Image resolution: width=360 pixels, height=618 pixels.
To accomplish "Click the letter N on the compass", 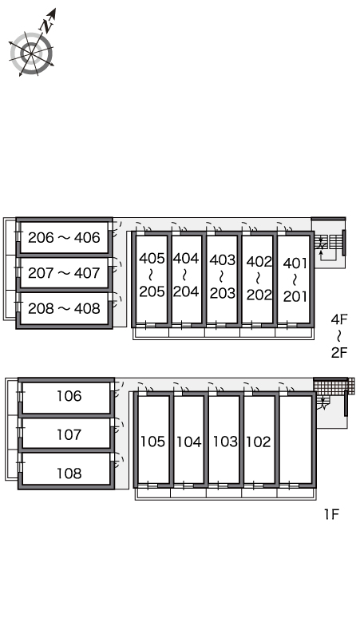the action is point(48,26).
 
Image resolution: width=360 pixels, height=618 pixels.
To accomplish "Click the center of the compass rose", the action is point(31,53).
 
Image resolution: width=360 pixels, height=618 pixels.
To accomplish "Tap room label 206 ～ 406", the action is point(64,238).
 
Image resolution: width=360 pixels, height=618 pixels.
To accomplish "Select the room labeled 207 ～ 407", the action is point(64,273).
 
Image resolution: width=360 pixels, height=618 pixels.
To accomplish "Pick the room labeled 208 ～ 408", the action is point(64,309).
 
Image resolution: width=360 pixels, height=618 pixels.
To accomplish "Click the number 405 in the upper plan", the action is point(152,259).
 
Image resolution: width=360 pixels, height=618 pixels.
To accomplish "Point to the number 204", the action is point(186,291).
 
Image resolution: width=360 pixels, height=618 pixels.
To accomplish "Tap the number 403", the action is point(223,260).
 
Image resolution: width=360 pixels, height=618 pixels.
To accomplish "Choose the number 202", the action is point(259,295).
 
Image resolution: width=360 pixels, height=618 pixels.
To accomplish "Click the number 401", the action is point(295,263).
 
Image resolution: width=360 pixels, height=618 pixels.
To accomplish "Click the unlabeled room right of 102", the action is point(295,440).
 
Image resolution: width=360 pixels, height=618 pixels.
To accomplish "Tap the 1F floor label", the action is point(331,514).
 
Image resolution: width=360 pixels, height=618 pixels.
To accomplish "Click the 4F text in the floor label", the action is point(339,319).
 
